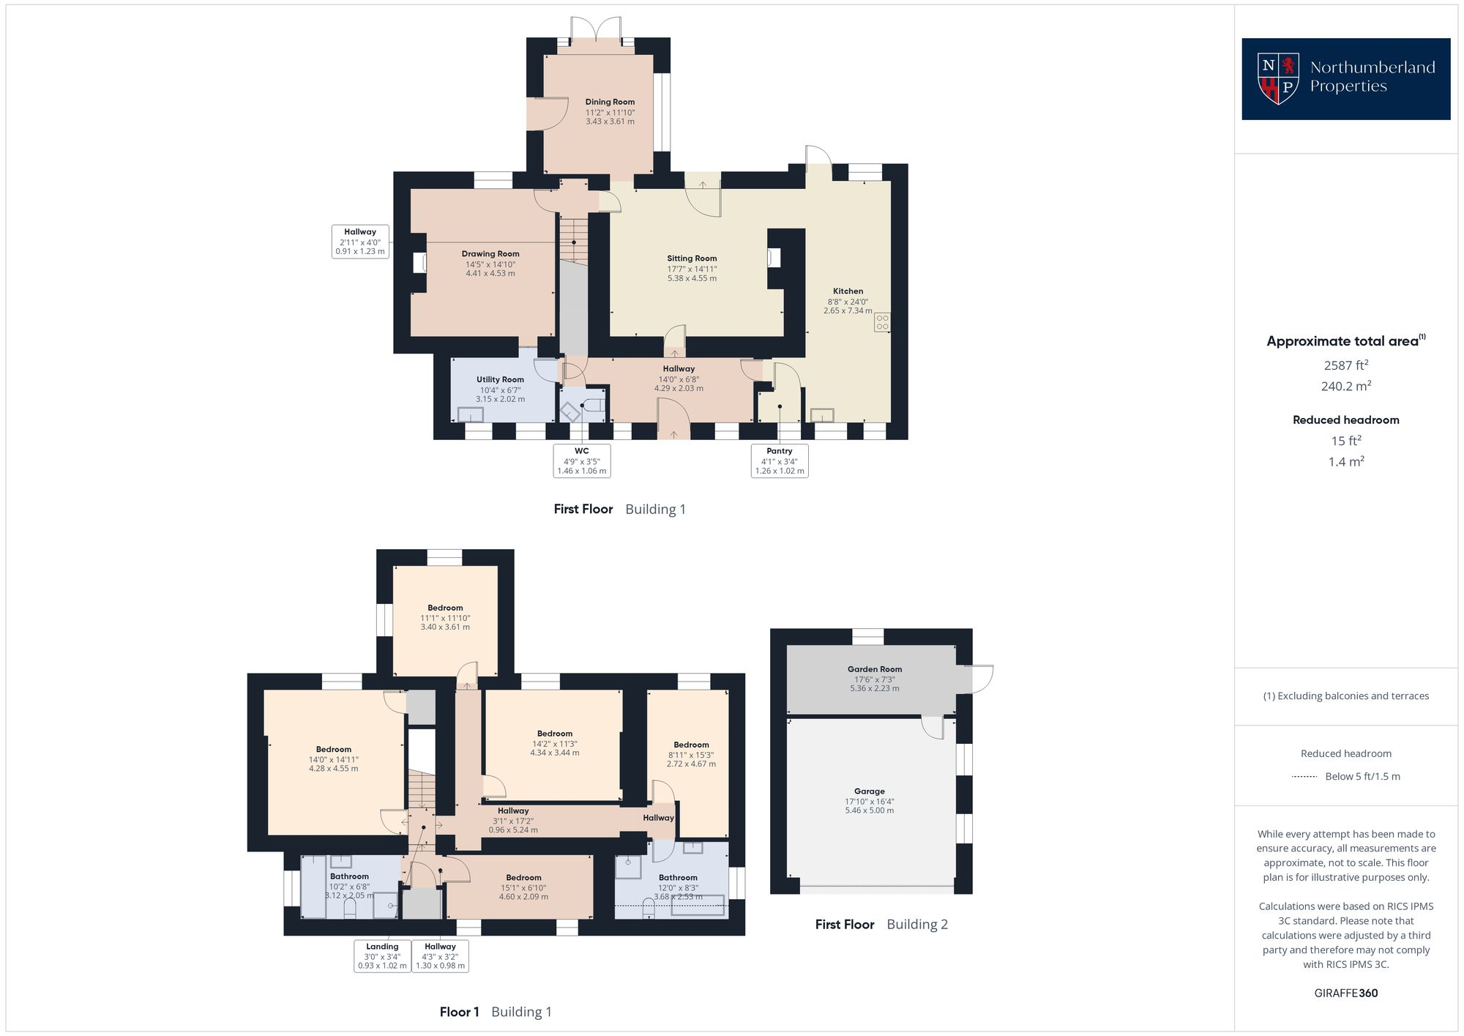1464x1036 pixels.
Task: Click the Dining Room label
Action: coord(610,103)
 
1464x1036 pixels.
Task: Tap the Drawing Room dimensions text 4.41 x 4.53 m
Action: coord(490,274)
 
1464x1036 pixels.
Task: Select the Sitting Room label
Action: coord(692,258)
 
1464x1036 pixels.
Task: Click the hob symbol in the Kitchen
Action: coord(882,322)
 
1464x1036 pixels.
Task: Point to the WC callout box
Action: coord(582,461)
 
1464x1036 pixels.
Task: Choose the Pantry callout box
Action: coord(780,461)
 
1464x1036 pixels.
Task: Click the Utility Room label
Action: coord(500,379)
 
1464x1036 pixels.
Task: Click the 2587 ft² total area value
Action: coord(1345,365)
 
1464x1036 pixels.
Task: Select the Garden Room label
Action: coord(875,669)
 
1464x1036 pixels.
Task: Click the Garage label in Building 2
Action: coord(870,791)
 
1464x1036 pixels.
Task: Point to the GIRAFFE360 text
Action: coord(1345,994)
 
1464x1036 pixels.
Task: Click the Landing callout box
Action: coord(382,956)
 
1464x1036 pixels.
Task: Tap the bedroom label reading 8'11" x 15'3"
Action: coord(691,755)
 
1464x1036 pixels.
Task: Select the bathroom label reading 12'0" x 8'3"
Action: coord(678,887)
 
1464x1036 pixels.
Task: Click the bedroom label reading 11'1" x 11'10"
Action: coord(445,618)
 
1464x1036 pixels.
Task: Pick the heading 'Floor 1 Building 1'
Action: coord(496,1012)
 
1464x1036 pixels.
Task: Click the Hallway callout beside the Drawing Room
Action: coord(359,242)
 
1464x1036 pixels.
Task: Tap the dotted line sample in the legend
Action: coord(1305,777)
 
